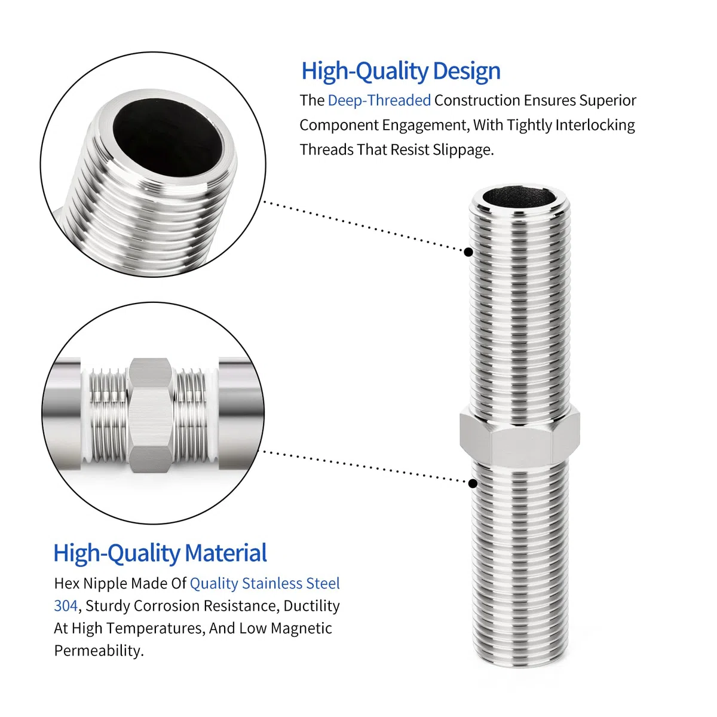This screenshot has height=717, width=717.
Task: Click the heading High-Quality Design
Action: point(400,71)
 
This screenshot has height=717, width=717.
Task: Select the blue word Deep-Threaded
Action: point(379,101)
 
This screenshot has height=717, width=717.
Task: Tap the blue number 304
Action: point(66,606)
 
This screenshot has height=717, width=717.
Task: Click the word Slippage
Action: point(463,150)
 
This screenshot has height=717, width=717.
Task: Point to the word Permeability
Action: point(99,651)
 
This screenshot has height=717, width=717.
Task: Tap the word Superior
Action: point(608,101)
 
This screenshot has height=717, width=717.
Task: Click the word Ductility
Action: point(311,606)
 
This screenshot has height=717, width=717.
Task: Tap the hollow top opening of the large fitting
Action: point(519,198)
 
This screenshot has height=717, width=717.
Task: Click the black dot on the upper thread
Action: point(468,252)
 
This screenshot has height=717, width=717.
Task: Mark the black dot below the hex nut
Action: point(473,483)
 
